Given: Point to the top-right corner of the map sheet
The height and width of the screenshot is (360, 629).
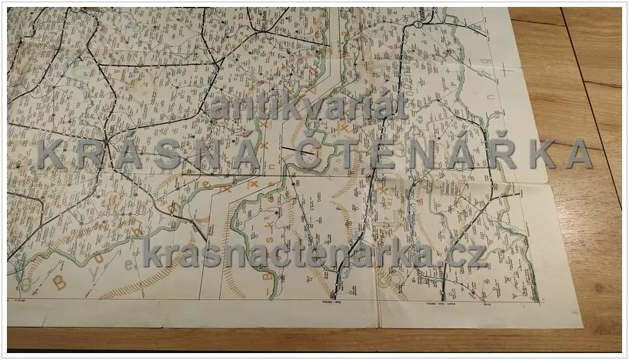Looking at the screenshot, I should click(x=509, y=9).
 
